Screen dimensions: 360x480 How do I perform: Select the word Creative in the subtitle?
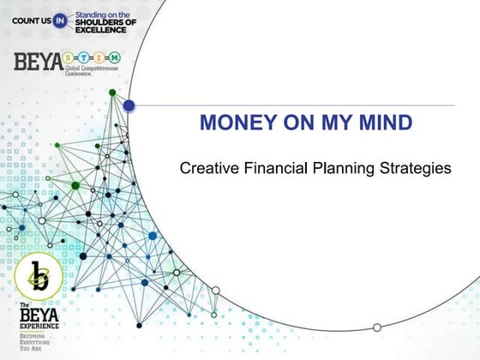tap(206, 169)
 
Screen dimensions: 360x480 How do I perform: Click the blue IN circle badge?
tap(60, 20)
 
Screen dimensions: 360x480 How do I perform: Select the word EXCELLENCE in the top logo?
tap(100, 29)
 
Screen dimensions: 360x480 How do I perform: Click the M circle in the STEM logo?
tap(114, 58)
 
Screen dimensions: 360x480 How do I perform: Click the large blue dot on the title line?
tap(129, 105)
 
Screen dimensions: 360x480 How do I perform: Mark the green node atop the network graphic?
tap(113, 92)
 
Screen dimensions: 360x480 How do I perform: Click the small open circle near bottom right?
tap(376, 327)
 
